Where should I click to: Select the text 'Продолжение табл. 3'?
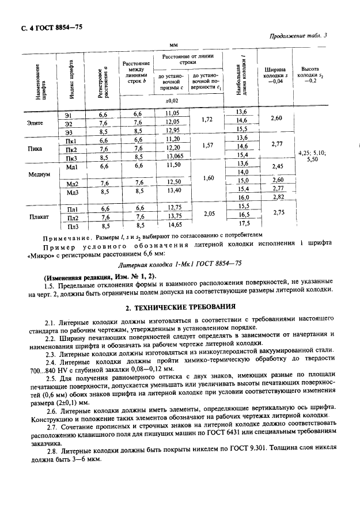(x=298, y=36)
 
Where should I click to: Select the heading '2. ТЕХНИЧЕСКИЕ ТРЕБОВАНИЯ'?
(x=180, y=306)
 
